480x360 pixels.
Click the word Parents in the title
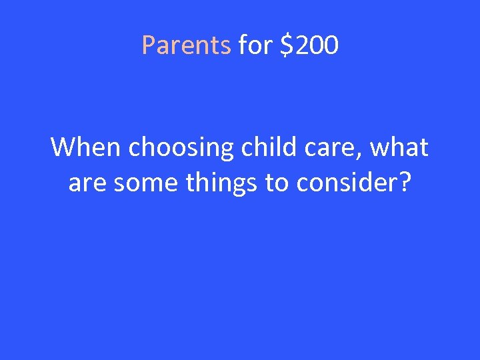(186, 45)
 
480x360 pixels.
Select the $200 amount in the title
(309, 45)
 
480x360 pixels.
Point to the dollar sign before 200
(286, 45)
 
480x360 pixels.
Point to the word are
(88, 183)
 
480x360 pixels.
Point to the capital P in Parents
(148, 45)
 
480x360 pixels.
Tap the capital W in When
(63, 147)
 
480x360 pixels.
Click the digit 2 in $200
(299, 45)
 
